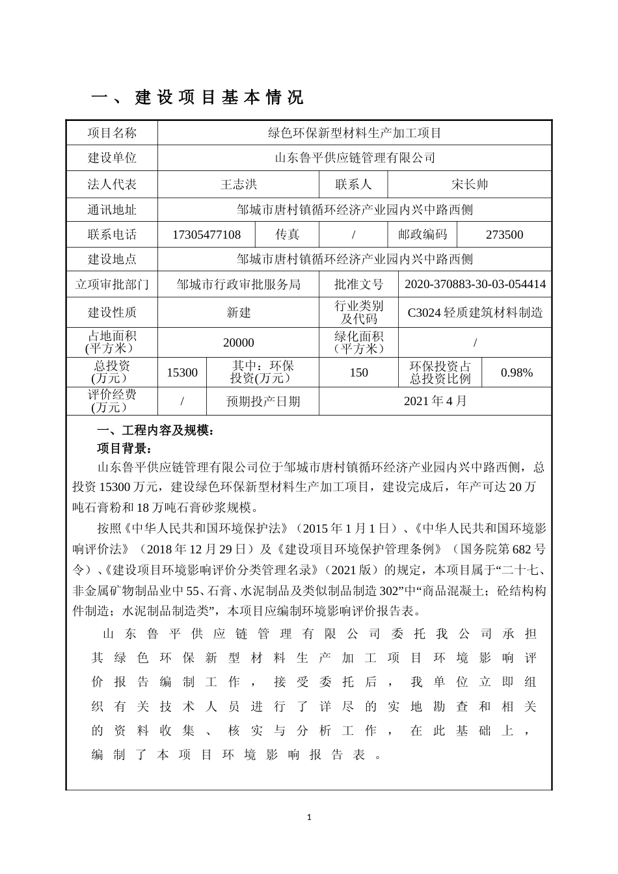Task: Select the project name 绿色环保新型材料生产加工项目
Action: click(x=355, y=133)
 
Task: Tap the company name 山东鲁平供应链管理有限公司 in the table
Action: click(x=355, y=157)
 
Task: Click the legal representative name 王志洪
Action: click(x=239, y=184)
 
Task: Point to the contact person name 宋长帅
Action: click(x=469, y=184)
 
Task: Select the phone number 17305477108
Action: click(x=206, y=235)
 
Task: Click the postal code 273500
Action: click(x=504, y=235)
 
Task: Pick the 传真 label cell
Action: click(x=288, y=235)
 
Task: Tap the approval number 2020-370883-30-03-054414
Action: click(x=475, y=284)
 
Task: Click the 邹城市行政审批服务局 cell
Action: click(x=239, y=284)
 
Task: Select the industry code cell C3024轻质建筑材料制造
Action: click(x=475, y=312)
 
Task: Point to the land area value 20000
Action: click(x=239, y=342)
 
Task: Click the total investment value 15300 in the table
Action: click(x=182, y=373)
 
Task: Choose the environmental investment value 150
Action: click(x=358, y=373)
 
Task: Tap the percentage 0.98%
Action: click(x=517, y=373)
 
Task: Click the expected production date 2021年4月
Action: click(x=435, y=401)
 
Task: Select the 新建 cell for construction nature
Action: click(x=239, y=312)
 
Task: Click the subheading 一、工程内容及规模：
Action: click(x=155, y=430)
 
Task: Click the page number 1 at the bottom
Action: click(x=310, y=817)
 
